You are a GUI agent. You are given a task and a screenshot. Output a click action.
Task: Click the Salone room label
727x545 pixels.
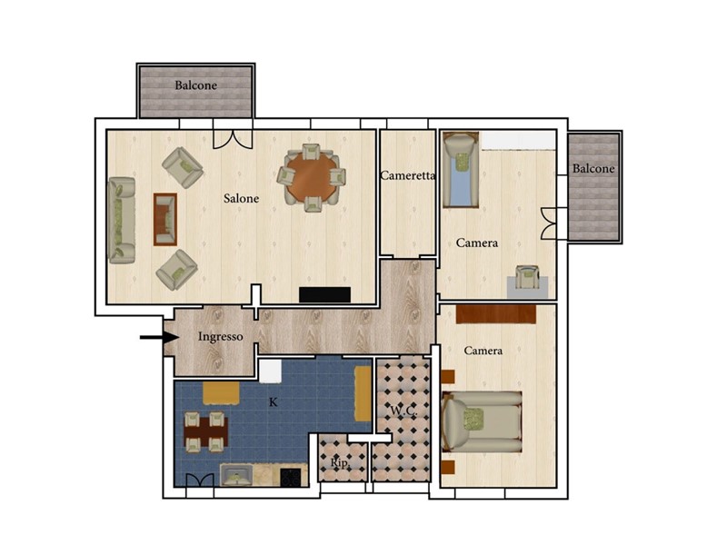tap(241, 198)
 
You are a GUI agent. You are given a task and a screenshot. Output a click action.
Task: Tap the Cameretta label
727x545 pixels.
tap(407, 175)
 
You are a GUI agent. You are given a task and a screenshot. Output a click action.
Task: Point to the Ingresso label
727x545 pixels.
tap(220, 336)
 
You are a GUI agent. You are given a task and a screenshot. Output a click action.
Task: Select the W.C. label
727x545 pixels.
tap(403, 411)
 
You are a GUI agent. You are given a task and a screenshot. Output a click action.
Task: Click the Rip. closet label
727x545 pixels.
tap(340, 462)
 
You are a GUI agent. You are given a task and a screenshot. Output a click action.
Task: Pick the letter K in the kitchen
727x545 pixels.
tap(274, 402)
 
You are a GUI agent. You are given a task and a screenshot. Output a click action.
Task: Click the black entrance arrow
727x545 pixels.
tap(160, 337)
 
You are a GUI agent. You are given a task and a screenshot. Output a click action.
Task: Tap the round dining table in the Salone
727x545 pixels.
tap(312, 177)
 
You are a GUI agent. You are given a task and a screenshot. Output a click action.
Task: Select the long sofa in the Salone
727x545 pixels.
tap(122, 220)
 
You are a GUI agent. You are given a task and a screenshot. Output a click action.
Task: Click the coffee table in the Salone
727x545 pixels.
tap(165, 219)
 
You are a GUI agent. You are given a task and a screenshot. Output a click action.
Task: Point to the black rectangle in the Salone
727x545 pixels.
tap(324, 294)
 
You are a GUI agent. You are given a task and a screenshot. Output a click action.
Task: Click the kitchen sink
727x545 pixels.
tap(236, 475)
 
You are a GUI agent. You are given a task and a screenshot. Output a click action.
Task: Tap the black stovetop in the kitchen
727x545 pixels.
tap(290, 478)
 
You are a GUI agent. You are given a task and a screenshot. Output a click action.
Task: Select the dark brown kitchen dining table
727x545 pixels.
tap(205, 432)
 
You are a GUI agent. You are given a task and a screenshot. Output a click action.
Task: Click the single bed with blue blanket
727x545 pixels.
tap(461, 170)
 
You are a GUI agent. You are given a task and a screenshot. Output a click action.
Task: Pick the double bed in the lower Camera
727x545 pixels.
tap(483, 421)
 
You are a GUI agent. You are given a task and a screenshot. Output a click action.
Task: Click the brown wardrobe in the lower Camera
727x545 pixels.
tap(496, 313)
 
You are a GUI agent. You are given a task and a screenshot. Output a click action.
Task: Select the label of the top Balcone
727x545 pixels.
tap(195, 85)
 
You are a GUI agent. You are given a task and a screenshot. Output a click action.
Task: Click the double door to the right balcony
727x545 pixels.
tap(548, 223)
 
